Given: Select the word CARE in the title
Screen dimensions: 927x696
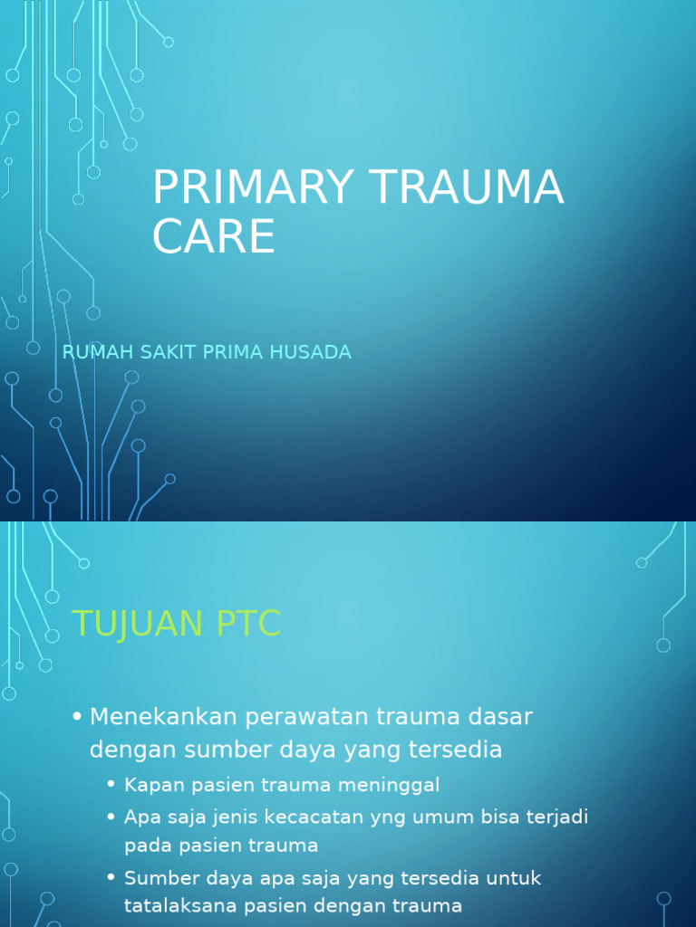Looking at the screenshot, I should (x=213, y=236).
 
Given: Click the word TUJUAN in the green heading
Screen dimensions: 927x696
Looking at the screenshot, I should (x=137, y=624).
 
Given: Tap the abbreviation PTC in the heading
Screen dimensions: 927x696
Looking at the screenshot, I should (x=247, y=624).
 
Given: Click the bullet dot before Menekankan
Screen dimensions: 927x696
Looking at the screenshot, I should (x=77, y=717).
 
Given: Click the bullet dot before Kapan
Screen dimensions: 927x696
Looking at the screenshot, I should (x=111, y=784).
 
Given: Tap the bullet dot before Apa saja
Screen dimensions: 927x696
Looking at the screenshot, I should (x=111, y=817).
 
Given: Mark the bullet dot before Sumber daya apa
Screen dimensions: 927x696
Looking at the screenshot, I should (x=111, y=878).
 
